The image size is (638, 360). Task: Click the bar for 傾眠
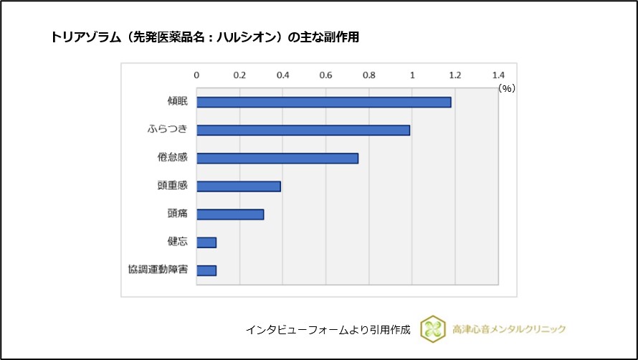tap(323, 102)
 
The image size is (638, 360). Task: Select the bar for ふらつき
tap(303, 130)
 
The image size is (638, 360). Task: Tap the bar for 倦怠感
tap(277, 158)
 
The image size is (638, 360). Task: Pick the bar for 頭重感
tap(239, 186)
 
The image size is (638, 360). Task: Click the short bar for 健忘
tap(206, 242)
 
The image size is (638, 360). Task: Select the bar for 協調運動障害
tap(206, 270)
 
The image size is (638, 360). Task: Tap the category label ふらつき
tap(167, 130)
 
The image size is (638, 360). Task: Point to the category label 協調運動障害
tap(158, 270)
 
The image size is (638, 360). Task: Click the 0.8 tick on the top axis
tap(369, 75)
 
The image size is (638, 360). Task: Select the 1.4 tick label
tap(498, 75)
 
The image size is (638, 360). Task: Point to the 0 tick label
tap(197, 75)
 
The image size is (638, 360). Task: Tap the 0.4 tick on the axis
tap(283, 75)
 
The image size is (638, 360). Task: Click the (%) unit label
tap(506, 88)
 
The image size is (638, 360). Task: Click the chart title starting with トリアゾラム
tap(204, 37)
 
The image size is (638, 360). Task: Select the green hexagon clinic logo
tap(432, 328)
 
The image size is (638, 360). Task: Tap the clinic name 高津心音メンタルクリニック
tap(509, 329)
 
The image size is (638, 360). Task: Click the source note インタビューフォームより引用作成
tap(328, 329)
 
